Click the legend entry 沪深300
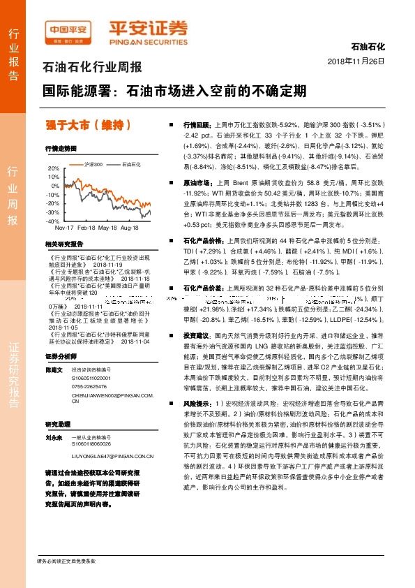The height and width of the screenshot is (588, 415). [x=93, y=164]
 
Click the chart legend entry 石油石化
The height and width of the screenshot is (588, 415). [x=132, y=164]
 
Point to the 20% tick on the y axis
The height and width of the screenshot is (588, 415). [x=54, y=168]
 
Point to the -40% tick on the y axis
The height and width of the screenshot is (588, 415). [x=53, y=221]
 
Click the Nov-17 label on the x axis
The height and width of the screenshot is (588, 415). [x=64, y=228]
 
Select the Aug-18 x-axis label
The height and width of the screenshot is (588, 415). [x=128, y=228]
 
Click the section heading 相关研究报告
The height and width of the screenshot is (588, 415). [x=64, y=244]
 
